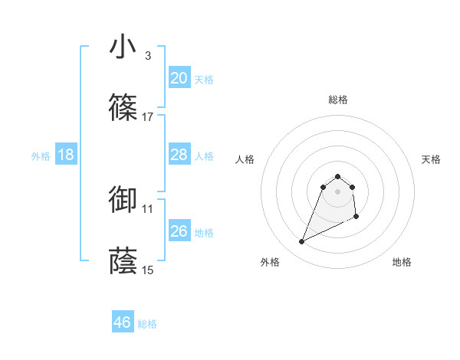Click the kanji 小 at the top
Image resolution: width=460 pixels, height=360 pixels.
(123, 47)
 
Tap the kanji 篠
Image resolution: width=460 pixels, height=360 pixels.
(123, 109)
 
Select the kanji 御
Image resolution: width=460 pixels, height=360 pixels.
(123, 200)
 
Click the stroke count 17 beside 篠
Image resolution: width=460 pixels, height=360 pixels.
(148, 117)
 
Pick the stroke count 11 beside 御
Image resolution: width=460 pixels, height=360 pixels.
(148, 208)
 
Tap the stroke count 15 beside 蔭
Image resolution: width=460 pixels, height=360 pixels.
(148, 270)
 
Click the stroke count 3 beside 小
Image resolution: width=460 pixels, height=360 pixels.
(147, 55)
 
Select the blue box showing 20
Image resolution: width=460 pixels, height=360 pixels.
(179, 78)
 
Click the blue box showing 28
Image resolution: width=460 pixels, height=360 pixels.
(179, 155)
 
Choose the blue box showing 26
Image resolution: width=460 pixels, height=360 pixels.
(179, 231)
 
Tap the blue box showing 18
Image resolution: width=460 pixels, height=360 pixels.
(66, 155)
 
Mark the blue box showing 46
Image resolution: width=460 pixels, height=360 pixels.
(123, 322)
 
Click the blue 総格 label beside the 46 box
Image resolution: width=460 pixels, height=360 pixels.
(147, 324)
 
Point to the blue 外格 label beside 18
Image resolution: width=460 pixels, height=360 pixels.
(41, 156)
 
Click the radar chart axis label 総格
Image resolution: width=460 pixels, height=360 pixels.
(337, 100)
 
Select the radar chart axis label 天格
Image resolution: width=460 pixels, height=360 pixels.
(431, 159)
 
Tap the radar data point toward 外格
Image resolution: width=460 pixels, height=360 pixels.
(301, 242)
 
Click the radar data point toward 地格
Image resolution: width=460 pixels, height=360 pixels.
(357, 218)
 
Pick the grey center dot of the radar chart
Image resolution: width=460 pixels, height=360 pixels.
(337, 191)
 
